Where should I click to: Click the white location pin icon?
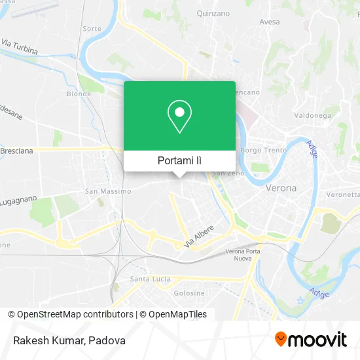click(x=179, y=117)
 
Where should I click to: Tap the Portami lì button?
click(x=179, y=160)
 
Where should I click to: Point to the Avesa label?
click(x=269, y=22)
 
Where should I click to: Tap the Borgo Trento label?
click(x=260, y=151)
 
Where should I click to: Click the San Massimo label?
click(x=108, y=192)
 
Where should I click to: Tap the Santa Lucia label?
click(x=150, y=279)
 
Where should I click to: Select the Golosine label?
click(x=190, y=293)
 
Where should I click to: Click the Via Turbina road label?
click(x=19, y=46)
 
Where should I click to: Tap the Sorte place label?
click(x=92, y=29)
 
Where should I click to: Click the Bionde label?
click(x=79, y=94)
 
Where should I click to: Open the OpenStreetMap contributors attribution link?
click(x=75, y=314)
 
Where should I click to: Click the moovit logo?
click(x=311, y=340)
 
